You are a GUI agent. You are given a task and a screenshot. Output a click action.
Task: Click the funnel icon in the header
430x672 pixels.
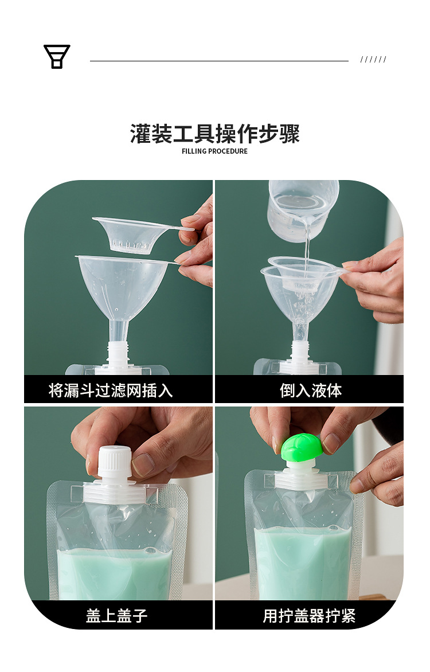coord(57,57)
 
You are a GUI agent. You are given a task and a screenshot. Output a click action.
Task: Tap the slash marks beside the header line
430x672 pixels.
coord(373,60)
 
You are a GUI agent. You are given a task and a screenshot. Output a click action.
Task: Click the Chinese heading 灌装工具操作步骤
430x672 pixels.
coord(215,134)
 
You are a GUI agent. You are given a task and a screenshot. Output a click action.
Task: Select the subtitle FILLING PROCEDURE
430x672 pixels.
coord(215,151)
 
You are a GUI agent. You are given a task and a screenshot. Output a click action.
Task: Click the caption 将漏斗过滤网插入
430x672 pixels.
coord(111,390)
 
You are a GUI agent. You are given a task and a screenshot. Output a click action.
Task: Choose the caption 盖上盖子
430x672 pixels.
coord(117,616)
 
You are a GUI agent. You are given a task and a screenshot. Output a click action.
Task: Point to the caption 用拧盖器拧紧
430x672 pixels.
coord(309,616)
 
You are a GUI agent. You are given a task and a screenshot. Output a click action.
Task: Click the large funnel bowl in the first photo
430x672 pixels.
coord(122,287)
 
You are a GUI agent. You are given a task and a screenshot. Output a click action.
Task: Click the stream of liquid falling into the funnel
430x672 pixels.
coord(307,247)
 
